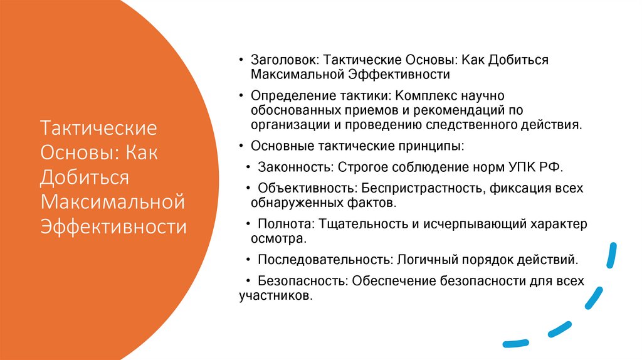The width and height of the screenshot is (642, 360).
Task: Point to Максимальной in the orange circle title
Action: [x=113, y=201]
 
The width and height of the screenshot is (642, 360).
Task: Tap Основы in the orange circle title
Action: [x=76, y=153]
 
